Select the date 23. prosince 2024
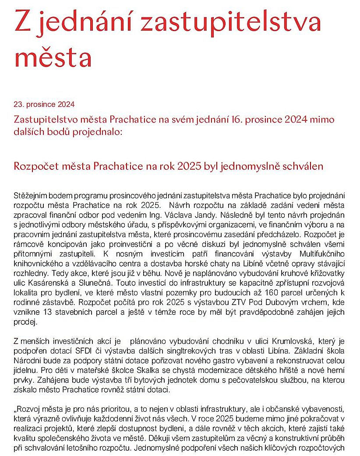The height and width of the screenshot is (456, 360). click(x=44, y=104)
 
